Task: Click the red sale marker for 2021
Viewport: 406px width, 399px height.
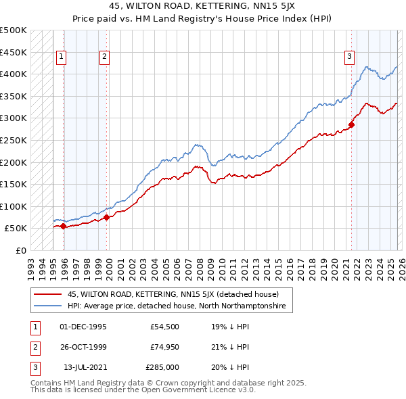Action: point(352,125)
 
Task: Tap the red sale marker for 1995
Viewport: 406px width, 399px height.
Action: point(64,227)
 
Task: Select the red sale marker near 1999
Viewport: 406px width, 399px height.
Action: point(107,218)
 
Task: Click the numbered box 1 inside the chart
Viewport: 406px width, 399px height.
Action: point(62,57)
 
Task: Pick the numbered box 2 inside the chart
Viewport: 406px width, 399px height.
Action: point(105,57)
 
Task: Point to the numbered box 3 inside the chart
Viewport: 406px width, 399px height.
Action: point(350,57)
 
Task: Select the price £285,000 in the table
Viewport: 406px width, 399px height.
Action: point(162,367)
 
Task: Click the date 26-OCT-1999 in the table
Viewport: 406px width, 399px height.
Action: point(83,347)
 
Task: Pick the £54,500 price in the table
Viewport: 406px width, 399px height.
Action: point(164,327)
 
